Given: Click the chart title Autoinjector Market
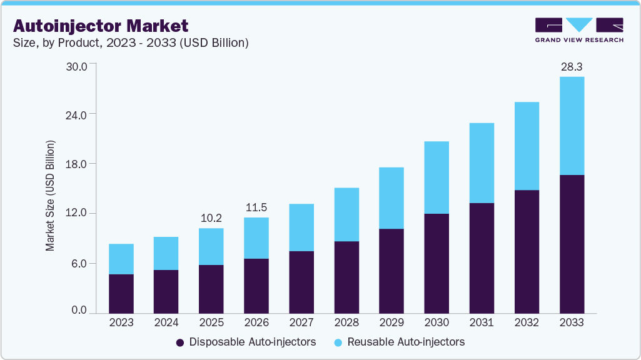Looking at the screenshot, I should pyautogui.click(x=100, y=26).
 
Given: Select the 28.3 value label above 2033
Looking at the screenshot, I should pyautogui.click(x=572, y=66).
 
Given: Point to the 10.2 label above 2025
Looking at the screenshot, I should pyautogui.click(x=211, y=218).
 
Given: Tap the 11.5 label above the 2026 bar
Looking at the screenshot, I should pyautogui.click(x=256, y=207).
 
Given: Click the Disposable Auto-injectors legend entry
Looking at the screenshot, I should pyautogui.click(x=246, y=342).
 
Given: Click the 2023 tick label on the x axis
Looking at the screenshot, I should pyautogui.click(x=121, y=322).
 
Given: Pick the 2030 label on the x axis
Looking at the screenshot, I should pyautogui.click(x=437, y=322).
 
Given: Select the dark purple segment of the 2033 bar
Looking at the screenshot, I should pyautogui.click(x=572, y=244).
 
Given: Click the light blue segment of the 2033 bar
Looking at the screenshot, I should pyautogui.click(x=572, y=126).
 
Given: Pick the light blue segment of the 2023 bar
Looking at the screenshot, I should pyautogui.click(x=121, y=259).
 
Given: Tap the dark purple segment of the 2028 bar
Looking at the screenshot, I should pyautogui.click(x=346, y=277).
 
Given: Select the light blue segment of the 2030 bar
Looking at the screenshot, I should pyautogui.click(x=437, y=177).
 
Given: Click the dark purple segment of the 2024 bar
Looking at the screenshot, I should pyautogui.click(x=166, y=291).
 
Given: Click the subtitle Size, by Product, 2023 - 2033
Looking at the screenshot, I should pyautogui.click(x=131, y=43).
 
